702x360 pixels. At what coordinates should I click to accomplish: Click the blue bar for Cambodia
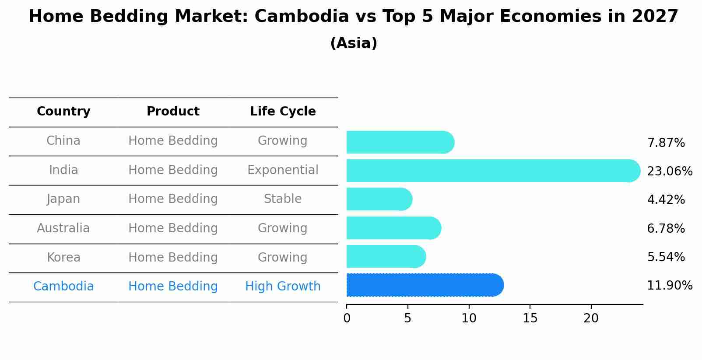425,285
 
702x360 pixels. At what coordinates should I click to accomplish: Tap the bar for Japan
379,199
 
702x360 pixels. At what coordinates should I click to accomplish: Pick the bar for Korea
386,256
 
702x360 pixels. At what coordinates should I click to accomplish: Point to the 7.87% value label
666,143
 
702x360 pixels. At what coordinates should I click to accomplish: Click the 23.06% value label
669,171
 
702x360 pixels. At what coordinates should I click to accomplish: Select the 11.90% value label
669,286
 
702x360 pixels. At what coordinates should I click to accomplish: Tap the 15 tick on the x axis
530,318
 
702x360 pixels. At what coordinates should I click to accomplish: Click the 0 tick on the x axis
347,318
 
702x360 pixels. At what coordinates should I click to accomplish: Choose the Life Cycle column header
283,112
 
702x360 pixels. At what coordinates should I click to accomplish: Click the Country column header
63,112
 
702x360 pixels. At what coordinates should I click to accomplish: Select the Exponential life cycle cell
283,170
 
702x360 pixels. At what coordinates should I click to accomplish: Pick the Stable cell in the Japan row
283,199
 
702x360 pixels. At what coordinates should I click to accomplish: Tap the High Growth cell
283,287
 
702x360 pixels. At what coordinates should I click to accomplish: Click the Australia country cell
63,228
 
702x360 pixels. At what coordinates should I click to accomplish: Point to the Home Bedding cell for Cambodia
173,287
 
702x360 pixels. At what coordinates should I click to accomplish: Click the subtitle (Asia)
354,43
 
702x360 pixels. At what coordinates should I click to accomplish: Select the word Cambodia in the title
302,17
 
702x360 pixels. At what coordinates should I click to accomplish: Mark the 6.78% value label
666,228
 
